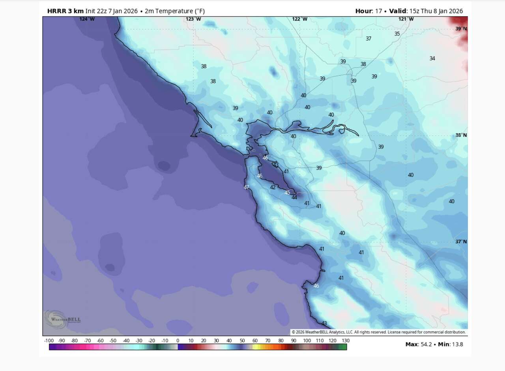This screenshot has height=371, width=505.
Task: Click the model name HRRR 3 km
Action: point(65,11)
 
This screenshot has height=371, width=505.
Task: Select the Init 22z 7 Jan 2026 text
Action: point(111,11)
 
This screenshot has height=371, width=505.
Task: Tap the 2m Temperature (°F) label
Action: point(174,11)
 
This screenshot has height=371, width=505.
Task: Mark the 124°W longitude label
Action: point(87,19)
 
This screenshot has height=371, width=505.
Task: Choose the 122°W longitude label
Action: point(299,19)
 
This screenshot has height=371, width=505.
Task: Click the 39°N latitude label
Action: point(461,28)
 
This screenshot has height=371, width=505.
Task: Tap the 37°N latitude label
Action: point(461,241)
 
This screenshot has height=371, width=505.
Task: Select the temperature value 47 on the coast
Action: point(247,187)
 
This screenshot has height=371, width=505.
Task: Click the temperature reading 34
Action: point(432,58)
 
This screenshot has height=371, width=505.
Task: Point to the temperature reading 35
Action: point(397,34)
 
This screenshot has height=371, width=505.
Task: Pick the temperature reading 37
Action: point(368,39)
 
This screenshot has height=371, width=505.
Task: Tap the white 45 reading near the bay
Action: point(287,193)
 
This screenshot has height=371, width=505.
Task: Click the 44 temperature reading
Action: point(294,198)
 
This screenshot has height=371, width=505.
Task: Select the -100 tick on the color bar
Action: point(49,341)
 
